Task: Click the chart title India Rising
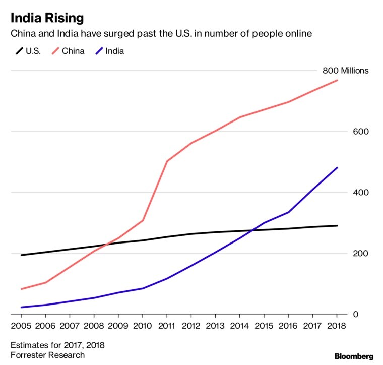tap(48, 19)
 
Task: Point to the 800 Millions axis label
tap(345, 71)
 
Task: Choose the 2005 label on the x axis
tap(21, 326)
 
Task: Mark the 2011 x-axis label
tap(167, 326)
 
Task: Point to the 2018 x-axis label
tap(337, 326)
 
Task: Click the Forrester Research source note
tap(45, 355)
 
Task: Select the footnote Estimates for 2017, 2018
tap(57, 345)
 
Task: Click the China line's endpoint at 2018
tap(337, 80)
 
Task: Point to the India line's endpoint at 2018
tap(337, 167)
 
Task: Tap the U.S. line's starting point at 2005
tap(21, 255)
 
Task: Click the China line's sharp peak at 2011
tap(167, 161)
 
